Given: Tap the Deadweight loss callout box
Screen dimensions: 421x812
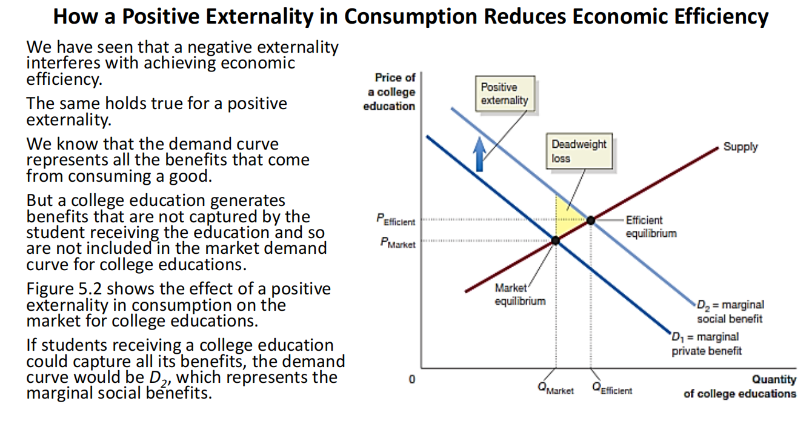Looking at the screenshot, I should click(x=578, y=151).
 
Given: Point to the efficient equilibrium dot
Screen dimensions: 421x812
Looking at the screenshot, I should click(x=591, y=220).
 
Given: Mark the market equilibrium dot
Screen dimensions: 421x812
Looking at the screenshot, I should click(x=556, y=241).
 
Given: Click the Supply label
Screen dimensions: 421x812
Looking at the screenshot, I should click(x=740, y=147).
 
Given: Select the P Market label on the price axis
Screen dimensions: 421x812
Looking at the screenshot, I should click(x=398, y=244).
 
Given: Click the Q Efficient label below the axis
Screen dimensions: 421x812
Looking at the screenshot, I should click(x=612, y=390).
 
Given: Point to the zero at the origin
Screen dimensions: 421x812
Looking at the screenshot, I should click(x=412, y=380).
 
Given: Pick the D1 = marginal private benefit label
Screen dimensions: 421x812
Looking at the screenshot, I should click(x=707, y=343).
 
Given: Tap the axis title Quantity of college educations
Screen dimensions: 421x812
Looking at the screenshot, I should click(x=740, y=386).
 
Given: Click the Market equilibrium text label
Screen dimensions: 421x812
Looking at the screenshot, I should click(x=520, y=294).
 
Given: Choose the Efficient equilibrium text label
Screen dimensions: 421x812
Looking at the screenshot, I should click(x=651, y=227).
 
